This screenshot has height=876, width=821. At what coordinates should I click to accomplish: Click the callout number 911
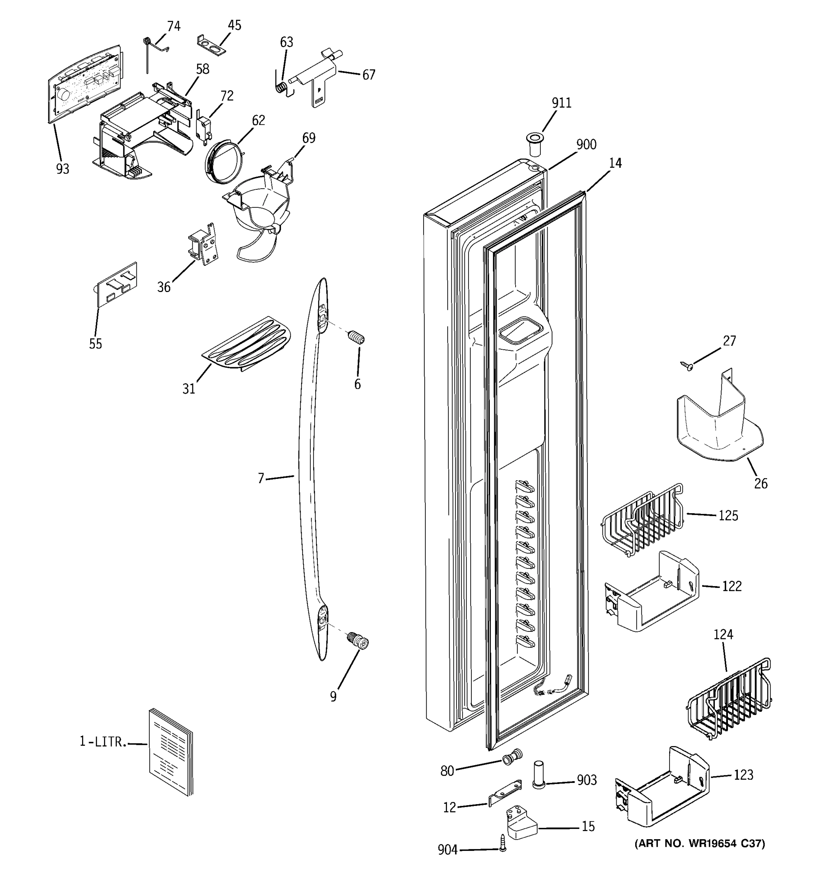(x=561, y=103)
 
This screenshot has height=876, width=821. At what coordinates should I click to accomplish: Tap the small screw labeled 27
(x=686, y=365)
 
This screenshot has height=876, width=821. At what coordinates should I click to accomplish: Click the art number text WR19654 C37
(x=699, y=844)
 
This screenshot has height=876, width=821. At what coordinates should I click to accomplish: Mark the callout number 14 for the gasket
(x=615, y=164)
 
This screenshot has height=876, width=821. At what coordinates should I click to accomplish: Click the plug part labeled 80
(x=512, y=757)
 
